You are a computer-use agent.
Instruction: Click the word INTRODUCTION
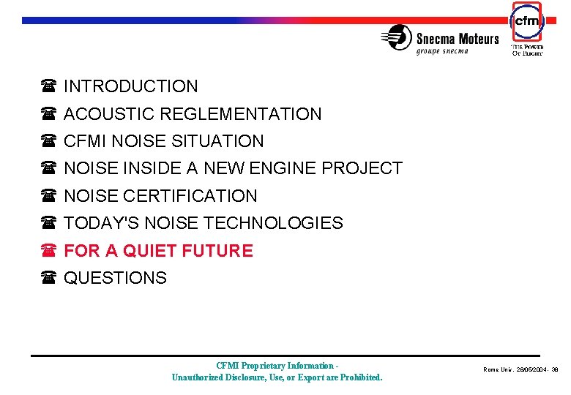130,86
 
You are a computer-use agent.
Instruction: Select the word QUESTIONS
115,278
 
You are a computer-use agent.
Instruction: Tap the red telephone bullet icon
49,251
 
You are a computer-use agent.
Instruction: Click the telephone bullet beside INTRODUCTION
49,87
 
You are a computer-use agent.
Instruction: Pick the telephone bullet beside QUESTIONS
49,278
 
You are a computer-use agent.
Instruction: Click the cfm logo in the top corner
526,22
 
